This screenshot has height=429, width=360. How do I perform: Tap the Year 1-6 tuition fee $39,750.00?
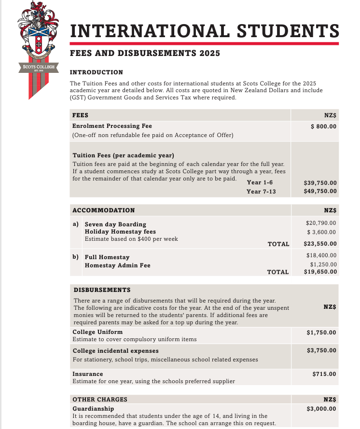pos(320,183)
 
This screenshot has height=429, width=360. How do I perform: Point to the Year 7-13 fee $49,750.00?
pos(320,192)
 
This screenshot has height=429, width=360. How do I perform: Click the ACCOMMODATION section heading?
pos(103,210)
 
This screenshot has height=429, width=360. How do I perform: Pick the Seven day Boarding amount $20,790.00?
pos(321,223)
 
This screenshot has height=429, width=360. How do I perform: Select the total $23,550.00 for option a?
pos(320,244)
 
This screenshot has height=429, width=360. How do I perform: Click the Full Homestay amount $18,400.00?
pos(321,255)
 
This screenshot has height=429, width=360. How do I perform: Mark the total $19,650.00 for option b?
pos(320,272)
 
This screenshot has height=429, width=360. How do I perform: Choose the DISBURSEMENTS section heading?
pos(102,290)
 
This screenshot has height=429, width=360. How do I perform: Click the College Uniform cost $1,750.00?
pos(321,332)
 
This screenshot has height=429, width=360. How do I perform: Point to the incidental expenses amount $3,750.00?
pos(321,350)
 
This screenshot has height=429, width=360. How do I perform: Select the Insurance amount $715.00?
pos(324,374)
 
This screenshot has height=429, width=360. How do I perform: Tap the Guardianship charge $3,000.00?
pos(321,409)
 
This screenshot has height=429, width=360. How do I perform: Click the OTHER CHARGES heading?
pos(99,400)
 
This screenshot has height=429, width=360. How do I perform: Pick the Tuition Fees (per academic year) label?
pos(123,155)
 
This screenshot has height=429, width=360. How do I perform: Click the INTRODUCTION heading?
pos(97,72)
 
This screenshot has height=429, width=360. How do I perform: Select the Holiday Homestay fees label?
pos(120,232)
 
